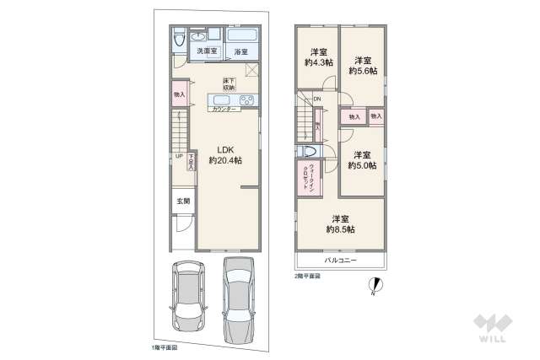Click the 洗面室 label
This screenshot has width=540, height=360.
pyautogui.click(x=205, y=52)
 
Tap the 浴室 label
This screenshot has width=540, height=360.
pyautogui.click(x=241, y=52)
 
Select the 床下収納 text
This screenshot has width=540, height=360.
pyautogui.click(x=229, y=83)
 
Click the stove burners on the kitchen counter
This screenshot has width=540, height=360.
pyautogui.click(x=247, y=100)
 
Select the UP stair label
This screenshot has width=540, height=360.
pyautogui.click(x=179, y=156)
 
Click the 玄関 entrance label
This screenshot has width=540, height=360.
pyautogui.click(x=183, y=201)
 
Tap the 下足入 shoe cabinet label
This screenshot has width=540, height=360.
pyautogui.click(x=192, y=161)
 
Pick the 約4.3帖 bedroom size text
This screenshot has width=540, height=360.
pyautogui.click(x=317, y=62)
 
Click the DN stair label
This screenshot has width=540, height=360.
pyautogui.click(x=316, y=100)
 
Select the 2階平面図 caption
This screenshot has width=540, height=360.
pyautogui.click(x=308, y=275)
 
